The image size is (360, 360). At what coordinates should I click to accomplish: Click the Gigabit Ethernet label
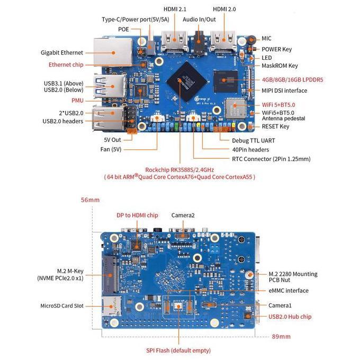coord(62,52)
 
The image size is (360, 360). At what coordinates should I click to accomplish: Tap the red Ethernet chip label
coord(66,65)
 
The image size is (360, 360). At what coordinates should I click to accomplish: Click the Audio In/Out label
coord(200,20)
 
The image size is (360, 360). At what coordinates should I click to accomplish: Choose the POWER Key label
coord(276,49)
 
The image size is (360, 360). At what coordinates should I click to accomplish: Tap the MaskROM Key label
coord(280,66)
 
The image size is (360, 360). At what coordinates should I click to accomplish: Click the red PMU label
coord(77,100)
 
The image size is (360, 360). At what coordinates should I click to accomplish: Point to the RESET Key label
coord(275,127)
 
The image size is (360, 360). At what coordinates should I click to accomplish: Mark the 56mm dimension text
coord(90,200)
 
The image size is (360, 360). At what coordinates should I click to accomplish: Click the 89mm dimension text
coord(280,337)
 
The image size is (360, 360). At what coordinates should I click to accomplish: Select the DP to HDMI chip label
coord(137,215)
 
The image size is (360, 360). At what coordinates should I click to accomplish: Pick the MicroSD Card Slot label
coord(62,306)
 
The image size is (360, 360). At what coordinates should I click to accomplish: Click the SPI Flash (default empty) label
coord(178,350)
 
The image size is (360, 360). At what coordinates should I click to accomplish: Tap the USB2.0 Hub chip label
coord(290,317)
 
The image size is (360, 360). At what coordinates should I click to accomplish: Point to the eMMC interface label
coord(289,291)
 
